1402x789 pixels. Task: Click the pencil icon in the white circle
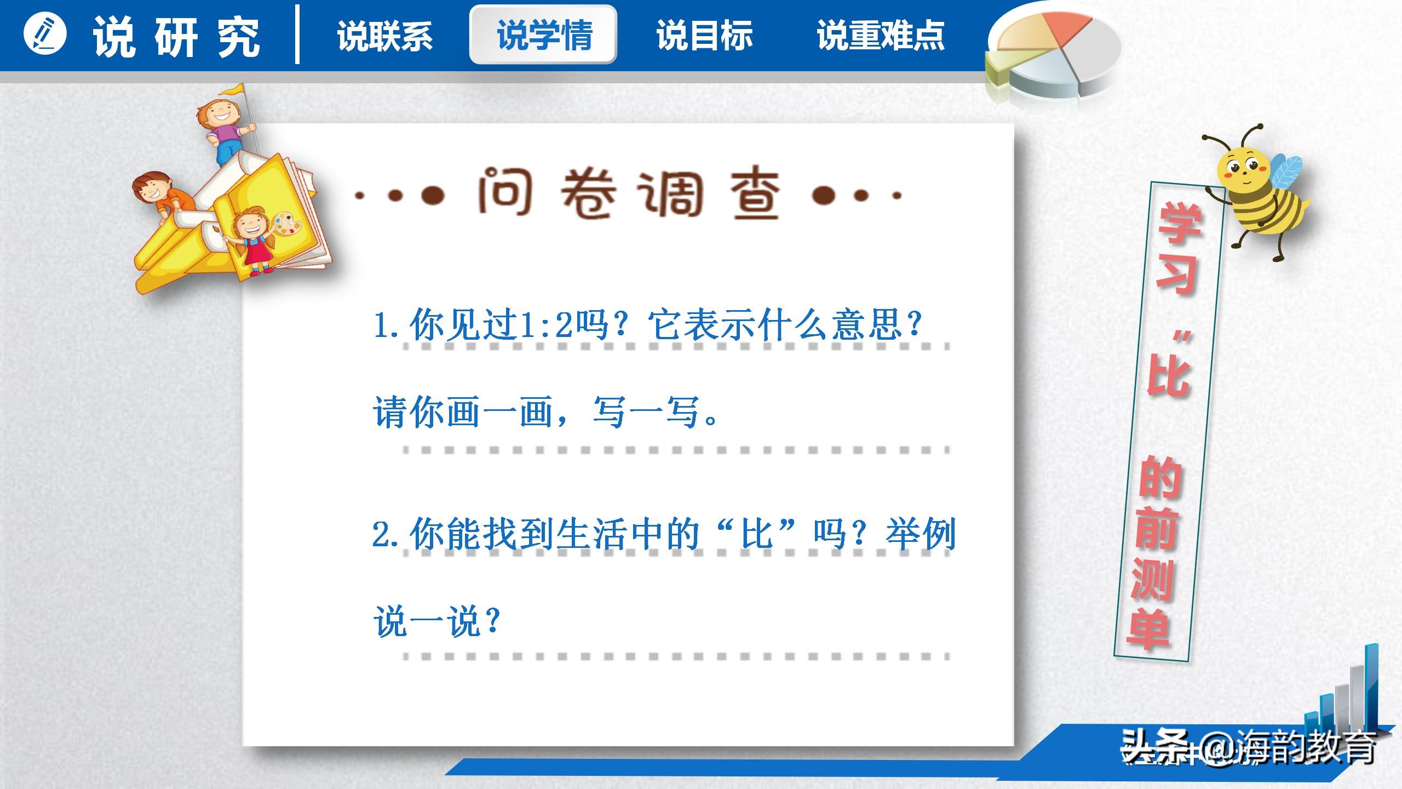(x=45, y=34)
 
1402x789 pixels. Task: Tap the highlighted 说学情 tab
(x=543, y=35)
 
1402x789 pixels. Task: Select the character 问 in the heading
(x=505, y=192)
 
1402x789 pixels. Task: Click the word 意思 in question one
(x=866, y=325)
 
